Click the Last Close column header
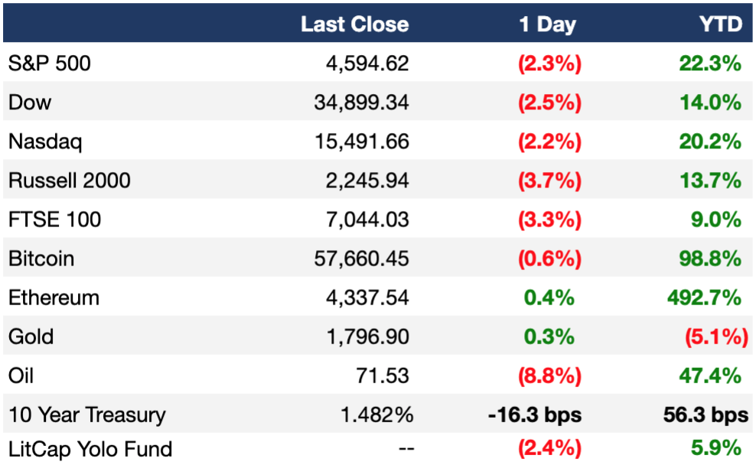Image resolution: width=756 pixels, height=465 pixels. (x=354, y=24)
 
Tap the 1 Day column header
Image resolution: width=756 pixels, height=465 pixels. (x=547, y=24)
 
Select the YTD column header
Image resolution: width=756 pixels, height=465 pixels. (x=721, y=24)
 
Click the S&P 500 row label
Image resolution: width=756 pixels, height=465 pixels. (x=50, y=63)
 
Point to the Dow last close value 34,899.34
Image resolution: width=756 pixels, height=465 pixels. (x=362, y=102)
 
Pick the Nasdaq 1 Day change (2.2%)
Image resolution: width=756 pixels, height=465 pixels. (x=549, y=141)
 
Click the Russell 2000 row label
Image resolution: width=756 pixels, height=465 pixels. (x=70, y=180)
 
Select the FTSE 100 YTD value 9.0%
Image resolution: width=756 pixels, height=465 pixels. (x=716, y=219)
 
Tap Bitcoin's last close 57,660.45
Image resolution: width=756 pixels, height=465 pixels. (x=362, y=259)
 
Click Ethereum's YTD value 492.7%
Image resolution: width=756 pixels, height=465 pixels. (x=705, y=298)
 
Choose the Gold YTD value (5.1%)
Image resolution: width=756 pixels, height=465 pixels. (x=716, y=337)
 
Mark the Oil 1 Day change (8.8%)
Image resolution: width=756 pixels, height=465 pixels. (x=549, y=376)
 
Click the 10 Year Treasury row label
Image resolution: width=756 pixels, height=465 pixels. (x=86, y=415)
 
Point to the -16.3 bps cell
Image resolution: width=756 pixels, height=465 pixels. (x=535, y=415)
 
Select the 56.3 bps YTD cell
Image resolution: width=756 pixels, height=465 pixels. (x=705, y=415)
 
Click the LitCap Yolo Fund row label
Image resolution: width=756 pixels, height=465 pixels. (x=90, y=449)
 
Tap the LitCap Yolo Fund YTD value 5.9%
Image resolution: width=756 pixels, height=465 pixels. (x=716, y=447)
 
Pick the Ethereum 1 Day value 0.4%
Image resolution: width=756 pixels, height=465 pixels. (x=549, y=298)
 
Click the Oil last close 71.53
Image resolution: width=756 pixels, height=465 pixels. (x=383, y=376)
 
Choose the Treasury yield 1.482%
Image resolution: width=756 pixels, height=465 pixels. (x=377, y=415)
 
